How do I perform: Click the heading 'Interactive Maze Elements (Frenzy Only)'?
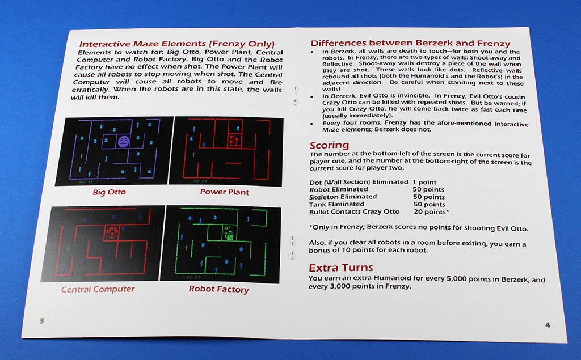pos(176,44)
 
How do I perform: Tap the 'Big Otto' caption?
pos(109,192)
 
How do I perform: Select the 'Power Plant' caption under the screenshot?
pos(224,192)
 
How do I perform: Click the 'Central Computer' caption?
pos(98,289)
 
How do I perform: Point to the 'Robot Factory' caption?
pos(218,289)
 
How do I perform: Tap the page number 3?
pos(41,320)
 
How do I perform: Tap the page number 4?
pos(547,325)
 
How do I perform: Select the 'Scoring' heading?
pos(329,146)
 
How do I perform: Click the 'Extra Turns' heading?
pos(340,268)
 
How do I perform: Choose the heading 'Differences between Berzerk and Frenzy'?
pos(410,43)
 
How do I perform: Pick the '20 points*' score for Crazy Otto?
pos(431,212)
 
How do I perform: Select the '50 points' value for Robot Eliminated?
pos(428,189)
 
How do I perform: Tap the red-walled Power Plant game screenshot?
pos(227,151)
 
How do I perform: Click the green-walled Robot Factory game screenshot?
pos(221,244)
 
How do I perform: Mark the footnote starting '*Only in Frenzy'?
pos(418,228)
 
